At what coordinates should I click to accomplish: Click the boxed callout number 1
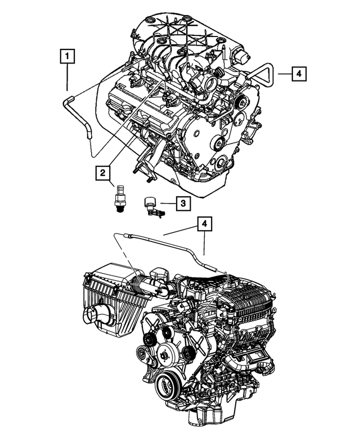click(x=67, y=57)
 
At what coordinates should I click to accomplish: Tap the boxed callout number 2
click(x=102, y=174)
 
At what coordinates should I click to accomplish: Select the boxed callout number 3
click(x=183, y=203)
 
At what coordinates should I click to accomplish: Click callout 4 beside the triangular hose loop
click(x=299, y=73)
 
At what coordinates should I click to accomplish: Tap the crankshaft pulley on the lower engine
click(x=168, y=387)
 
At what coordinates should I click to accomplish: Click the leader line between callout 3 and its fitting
click(x=168, y=204)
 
